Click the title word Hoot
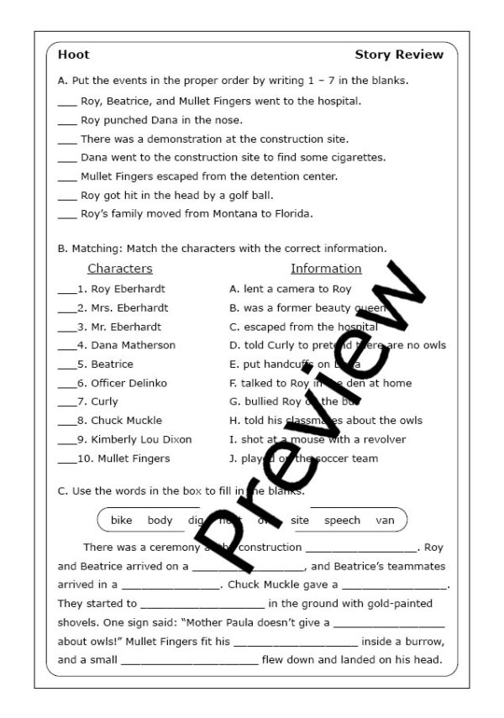click(x=73, y=55)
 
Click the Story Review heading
click(x=399, y=55)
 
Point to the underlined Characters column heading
click(x=120, y=269)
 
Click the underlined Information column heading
click(x=326, y=269)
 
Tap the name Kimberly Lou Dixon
click(x=141, y=439)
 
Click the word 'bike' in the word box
click(x=122, y=520)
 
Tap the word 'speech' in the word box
click(x=342, y=520)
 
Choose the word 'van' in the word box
click(x=385, y=520)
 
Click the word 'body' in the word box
click(x=160, y=520)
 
